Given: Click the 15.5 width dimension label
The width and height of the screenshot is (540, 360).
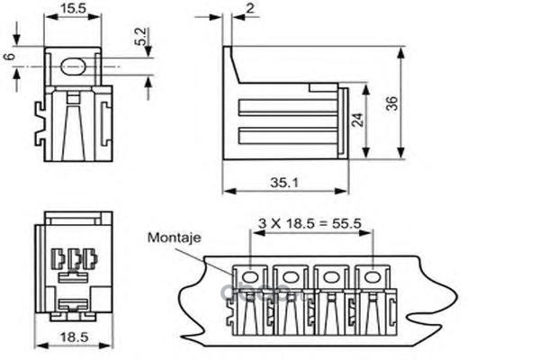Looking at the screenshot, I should [73, 9].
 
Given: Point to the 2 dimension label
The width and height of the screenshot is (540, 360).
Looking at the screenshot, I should [249, 9].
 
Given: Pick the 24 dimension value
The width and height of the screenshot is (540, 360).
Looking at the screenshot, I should [358, 121].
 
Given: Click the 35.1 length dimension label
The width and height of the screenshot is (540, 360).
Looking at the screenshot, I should [284, 182].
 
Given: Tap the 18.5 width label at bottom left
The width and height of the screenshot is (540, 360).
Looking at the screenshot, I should [73, 337].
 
